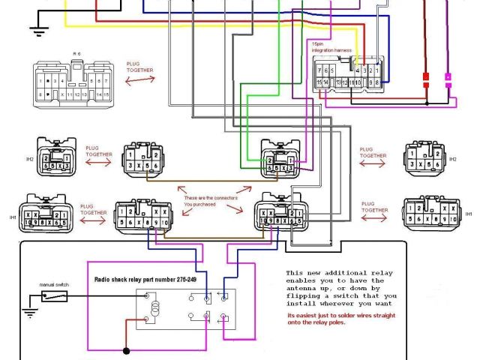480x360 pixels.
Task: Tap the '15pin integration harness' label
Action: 331,48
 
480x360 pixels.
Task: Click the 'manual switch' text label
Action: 53,284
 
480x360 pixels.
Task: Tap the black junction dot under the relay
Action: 126,350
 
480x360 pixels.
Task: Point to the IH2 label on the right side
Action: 452,159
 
